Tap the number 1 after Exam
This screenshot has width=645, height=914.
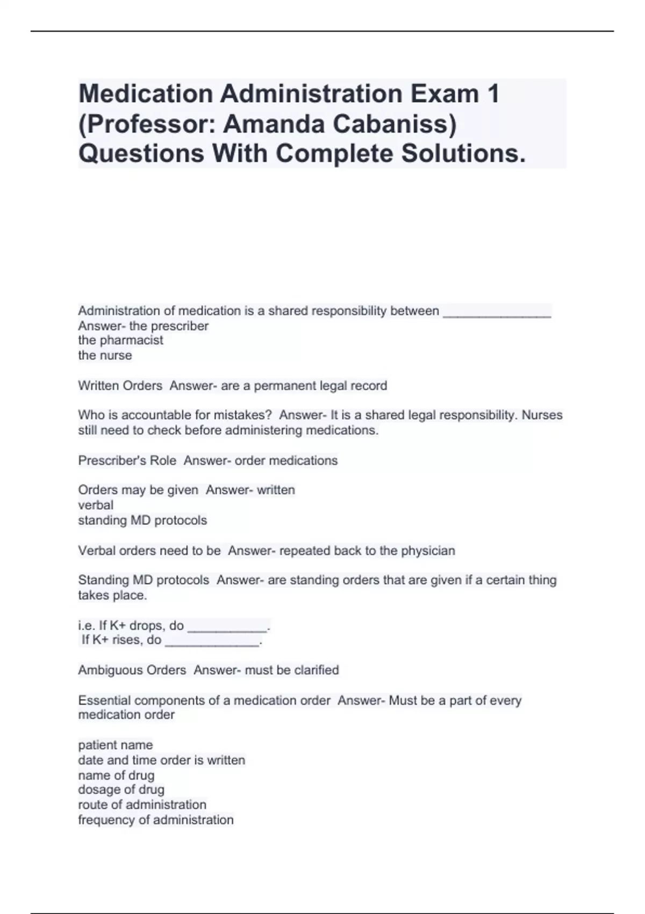click(493, 94)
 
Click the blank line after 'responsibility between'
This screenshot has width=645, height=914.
click(497, 312)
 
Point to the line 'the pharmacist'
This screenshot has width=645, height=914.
click(120, 340)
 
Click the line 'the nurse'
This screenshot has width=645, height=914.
click(105, 355)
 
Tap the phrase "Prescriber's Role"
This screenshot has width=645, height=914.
click(127, 461)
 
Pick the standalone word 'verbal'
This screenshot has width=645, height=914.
click(96, 505)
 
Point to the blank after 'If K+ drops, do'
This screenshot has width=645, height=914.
click(227, 626)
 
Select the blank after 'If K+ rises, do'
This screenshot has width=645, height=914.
click(212, 640)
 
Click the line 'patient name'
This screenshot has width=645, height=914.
click(116, 745)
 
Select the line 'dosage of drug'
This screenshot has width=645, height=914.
click(121, 790)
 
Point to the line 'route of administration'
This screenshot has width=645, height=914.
click(142, 805)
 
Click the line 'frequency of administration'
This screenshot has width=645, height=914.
click(156, 820)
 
